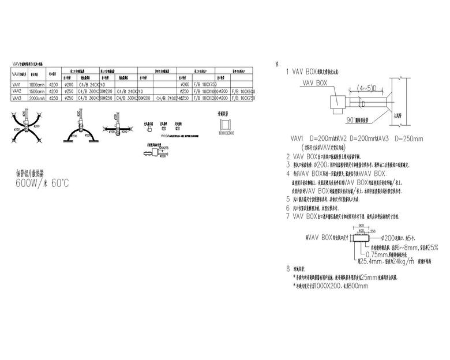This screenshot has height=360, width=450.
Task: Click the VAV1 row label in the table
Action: (x=17, y=85)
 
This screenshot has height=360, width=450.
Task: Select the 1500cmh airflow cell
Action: (x=36, y=91)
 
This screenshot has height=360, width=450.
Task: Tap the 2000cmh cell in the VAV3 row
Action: (x=36, y=98)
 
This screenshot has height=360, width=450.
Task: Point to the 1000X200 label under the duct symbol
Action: (x=226, y=133)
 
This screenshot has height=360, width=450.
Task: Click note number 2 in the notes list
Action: (x=288, y=156)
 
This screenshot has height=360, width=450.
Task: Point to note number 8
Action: (x=288, y=269)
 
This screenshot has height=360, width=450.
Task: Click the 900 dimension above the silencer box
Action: (x=361, y=225)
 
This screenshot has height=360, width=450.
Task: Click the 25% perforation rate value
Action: (x=432, y=247)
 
